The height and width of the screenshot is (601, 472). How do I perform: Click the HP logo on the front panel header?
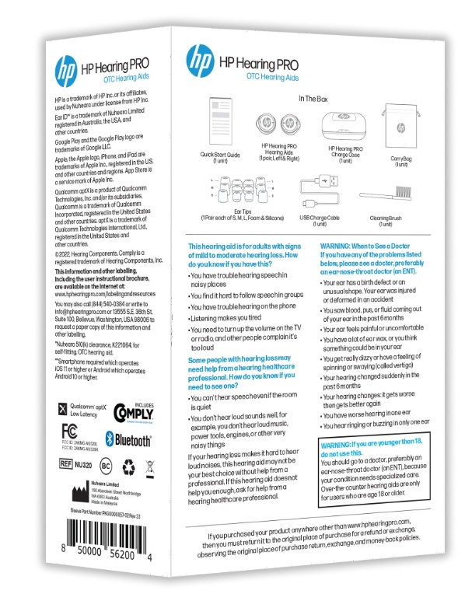[x=200, y=58]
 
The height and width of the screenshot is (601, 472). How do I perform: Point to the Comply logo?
[x=131, y=412]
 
